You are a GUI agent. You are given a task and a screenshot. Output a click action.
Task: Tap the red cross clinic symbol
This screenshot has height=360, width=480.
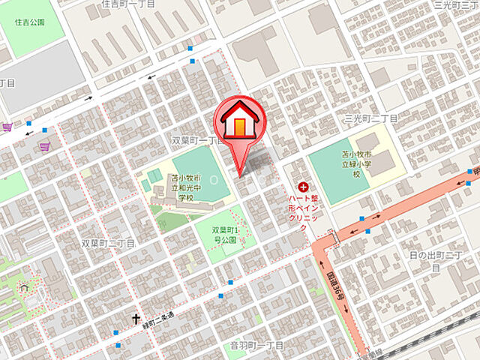303,187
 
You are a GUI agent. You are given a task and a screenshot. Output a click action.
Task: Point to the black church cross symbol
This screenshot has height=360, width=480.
137,319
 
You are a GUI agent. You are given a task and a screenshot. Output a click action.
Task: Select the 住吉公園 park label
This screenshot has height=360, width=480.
29,22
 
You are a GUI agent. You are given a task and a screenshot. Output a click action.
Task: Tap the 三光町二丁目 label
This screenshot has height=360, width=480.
370,118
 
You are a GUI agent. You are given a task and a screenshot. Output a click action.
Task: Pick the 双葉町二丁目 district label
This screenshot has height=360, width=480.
108,243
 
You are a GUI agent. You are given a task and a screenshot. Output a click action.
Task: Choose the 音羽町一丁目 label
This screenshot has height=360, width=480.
256,345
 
